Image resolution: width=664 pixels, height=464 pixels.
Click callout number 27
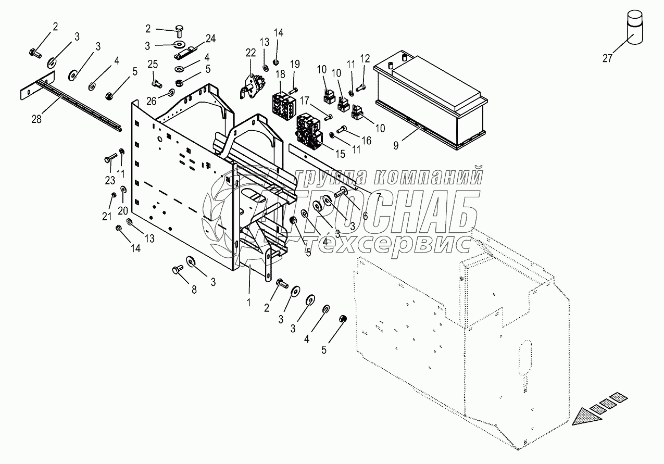(x=607, y=58)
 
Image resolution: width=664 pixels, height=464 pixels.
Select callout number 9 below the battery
(x=396, y=146)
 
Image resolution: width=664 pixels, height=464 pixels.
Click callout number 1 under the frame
(x=248, y=302)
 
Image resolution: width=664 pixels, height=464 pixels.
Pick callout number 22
(x=251, y=53)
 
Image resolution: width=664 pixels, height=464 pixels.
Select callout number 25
(x=153, y=64)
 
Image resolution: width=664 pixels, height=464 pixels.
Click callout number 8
(x=194, y=291)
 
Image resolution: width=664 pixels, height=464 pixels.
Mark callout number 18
(x=281, y=74)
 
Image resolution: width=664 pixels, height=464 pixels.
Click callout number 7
(x=379, y=196)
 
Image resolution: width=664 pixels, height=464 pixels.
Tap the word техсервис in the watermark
(x=388, y=242)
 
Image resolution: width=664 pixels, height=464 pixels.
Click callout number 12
(x=365, y=58)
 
